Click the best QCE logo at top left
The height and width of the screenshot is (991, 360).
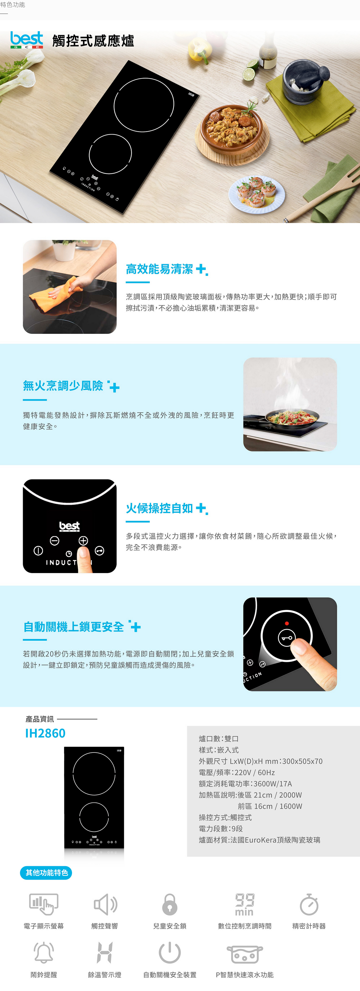tap(27, 40)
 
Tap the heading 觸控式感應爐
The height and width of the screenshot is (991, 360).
tap(93, 41)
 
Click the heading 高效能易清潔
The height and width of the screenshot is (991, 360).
tap(159, 269)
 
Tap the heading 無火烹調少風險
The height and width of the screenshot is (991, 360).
tap(63, 385)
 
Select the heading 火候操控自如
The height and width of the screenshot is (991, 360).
tap(159, 508)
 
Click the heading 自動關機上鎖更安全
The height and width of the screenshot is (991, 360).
tap(74, 627)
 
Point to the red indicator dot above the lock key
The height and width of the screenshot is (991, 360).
tap(286, 623)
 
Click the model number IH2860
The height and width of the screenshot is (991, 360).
tap(45, 733)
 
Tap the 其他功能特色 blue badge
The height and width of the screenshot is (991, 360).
tap(46, 873)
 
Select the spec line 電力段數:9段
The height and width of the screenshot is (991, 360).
tap(221, 829)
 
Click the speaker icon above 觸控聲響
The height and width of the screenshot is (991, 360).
tap(105, 904)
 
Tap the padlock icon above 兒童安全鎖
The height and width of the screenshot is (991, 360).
tap(170, 904)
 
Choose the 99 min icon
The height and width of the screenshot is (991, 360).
tap(245, 904)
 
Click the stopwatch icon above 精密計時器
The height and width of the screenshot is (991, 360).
tap(309, 904)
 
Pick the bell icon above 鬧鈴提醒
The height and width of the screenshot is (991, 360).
tap(44, 952)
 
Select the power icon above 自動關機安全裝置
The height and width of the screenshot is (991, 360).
tap(170, 952)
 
